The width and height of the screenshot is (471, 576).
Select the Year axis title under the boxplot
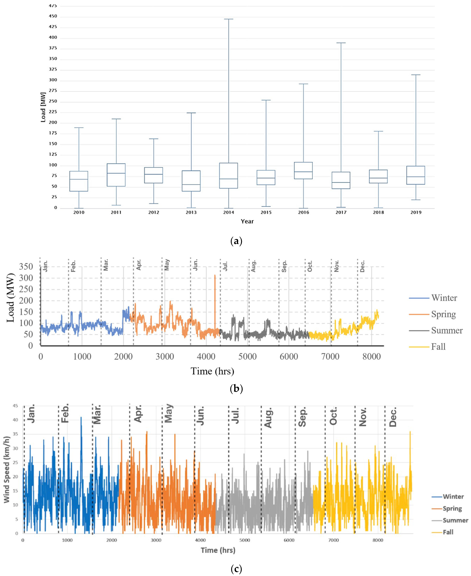[x=247, y=221]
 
